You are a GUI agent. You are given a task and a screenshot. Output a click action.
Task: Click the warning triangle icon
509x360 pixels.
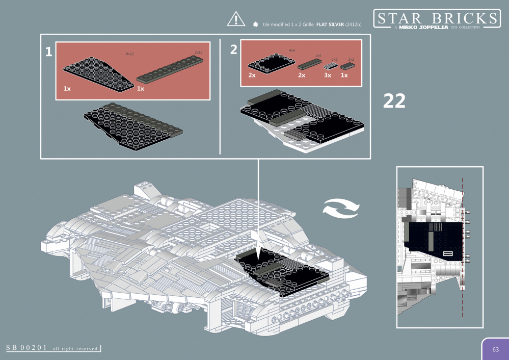pyautogui.click(x=236, y=18)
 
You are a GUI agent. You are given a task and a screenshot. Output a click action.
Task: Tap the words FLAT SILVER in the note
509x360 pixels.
pyautogui.click(x=329, y=24)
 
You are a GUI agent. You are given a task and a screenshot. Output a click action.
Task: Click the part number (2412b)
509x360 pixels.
pyautogui.click(x=353, y=24)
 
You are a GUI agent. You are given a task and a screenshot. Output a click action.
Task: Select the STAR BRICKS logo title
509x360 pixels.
pyautogui.click(x=436, y=19)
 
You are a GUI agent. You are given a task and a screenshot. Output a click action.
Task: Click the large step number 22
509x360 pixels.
pyautogui.click(x=394, y=101)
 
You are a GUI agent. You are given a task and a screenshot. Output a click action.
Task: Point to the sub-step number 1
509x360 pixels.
pyautogui.click(x=48, y=52)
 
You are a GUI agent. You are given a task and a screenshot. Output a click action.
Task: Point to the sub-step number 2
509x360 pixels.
pyautogui.click(x=233, y=49)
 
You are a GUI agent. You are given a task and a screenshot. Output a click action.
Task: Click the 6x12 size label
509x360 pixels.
pyautogui.click(x=130, y=53)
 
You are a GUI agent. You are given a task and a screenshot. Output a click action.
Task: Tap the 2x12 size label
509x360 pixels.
pyautogui.click(x=198, y=53)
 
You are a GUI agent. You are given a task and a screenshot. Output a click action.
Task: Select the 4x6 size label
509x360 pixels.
pyautogui.click(x=292, y=50)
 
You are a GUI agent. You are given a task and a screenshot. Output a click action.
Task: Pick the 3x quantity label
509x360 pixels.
pyautogui.click(x=328, y=75)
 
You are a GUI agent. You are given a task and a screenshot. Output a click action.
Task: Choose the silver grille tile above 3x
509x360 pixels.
pyautogui.click(x=332, y=66)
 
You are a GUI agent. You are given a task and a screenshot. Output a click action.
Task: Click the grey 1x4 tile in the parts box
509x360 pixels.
pyautogui.click(x=308, y=64)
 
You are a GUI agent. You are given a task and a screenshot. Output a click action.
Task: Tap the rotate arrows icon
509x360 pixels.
pyautogui.click(x=342, y=209)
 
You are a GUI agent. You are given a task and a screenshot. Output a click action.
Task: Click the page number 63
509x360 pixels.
pyautogui.click(x=495, y=349)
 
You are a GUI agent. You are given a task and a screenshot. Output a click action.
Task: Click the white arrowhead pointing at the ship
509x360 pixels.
pyautogui.click(x=259, y=250)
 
